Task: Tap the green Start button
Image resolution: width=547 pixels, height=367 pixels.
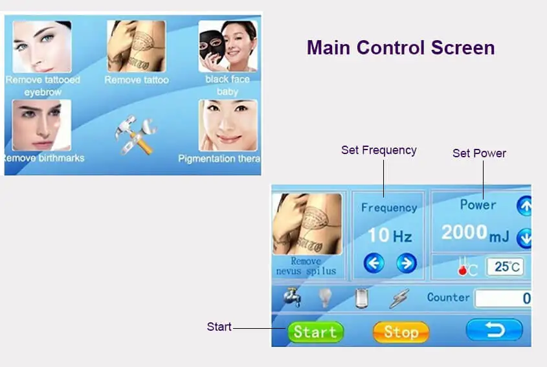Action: [315, 332]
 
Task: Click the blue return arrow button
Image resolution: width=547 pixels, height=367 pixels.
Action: [494, 331]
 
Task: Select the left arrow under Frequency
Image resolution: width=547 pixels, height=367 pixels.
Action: [374, 263]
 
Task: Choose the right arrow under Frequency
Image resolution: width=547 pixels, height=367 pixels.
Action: [406, 263]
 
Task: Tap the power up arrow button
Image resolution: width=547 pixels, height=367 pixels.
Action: [524, 206]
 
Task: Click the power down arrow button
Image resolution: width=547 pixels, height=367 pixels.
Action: [524, 239]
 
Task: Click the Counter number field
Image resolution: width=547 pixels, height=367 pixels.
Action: [502, 298]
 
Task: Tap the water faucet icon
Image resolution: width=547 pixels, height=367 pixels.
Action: [291, 298]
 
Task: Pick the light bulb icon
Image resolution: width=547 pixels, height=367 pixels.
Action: [325, 298]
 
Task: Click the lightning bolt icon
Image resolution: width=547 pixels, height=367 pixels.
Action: [398, 298]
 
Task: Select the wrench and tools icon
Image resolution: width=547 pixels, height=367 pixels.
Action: [135, 134]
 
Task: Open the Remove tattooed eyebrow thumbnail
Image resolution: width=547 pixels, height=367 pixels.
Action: [42, 47]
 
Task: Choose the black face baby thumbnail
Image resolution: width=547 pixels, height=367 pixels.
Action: [227, 47]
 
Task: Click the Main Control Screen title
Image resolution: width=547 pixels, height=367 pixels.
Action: [400, 47]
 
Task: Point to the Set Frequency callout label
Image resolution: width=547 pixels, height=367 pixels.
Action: [379, 150]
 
